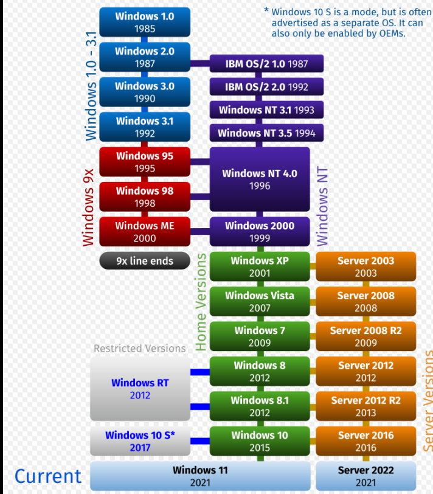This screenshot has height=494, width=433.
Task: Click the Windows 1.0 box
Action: pyautogui.click(x=144, y=22)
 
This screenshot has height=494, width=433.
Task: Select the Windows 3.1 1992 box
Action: pyautogui.click(x=144, y=127)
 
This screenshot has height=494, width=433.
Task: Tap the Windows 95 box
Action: pyautogui.click(x=144, y=162)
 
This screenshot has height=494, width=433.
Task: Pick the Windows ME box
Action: pyautogui.click(x=144, y=232)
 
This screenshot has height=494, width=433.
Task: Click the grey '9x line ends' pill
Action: pyautogui.click(x=144, y=261)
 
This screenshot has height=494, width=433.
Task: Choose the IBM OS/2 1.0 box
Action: pyautogui.click(x=266, y=64)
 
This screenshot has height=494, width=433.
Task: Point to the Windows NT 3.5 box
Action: pyautogui.click(x=266, y=133)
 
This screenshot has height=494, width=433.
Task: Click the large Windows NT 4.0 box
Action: pyautogui.click(x=260, y=179)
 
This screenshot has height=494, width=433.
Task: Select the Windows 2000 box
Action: pyautogui.click(x=260, y=232)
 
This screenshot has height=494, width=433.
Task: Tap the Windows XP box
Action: pyautogui.click(x=260, y=266)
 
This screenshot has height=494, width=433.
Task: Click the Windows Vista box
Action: pyautogui.click(x=260, y=302)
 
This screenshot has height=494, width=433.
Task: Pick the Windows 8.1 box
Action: pyautogui.click(x=260, y=406)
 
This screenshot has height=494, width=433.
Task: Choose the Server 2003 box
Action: pyautogui.click(x=365, y=266)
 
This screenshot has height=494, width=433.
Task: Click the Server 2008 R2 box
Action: pyautogui.click(x=365, y=336)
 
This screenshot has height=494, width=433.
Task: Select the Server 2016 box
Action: pyautogui.click(x=365, y=441)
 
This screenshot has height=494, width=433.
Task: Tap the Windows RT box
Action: pyautogui.click(x=140, y=389)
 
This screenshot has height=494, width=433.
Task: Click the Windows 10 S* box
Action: pyautogui.click(x=140, y=441)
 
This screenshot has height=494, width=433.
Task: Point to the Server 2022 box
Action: pyautogui.click(x=365, y=476)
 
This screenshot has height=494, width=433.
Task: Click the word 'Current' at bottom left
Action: pyautogui.click(x=48, y=476)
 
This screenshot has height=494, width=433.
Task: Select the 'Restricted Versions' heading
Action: pyautogui.click(x=140, y=349)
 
